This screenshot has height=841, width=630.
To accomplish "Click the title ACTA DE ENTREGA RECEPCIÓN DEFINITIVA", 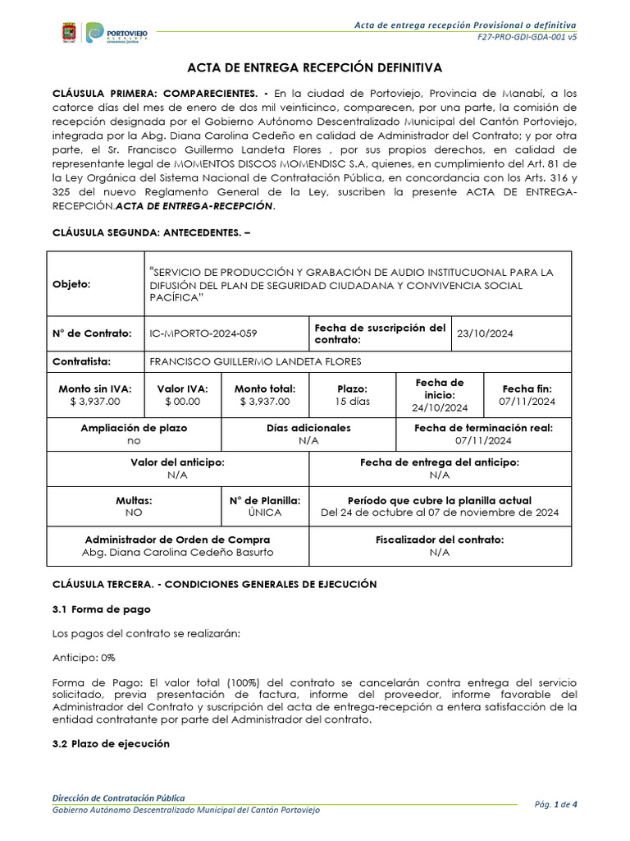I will click(315, 67).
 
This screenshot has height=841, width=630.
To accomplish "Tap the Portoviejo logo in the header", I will click(117, 33).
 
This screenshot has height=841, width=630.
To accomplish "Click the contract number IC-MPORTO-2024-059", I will click(203, 333).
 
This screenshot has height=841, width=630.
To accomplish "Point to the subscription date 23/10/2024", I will click(484, 333).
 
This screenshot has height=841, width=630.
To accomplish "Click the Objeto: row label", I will click(71, 283).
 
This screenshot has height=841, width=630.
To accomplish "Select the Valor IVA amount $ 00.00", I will click(182, 402).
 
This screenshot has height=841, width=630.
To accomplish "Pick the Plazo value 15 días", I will click(352, 402).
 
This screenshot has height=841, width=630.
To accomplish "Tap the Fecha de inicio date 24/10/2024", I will click(440, 407).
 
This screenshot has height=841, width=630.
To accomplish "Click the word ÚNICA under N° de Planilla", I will click(264, 512).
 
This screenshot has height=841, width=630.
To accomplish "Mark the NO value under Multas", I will click(134, 512).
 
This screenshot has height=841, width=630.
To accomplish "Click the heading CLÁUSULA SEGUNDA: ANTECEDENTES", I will click(151, 233).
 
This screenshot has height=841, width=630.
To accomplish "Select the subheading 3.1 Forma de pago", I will click(102, 609).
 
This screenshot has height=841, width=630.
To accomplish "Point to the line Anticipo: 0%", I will click(84, 658).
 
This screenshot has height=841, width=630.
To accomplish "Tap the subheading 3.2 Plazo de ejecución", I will click(111, 743).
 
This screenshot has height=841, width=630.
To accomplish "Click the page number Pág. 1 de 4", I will click(555, 804).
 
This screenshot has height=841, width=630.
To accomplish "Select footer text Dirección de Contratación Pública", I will click(118, 797).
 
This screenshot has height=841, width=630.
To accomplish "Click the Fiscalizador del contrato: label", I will click(440, 540).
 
